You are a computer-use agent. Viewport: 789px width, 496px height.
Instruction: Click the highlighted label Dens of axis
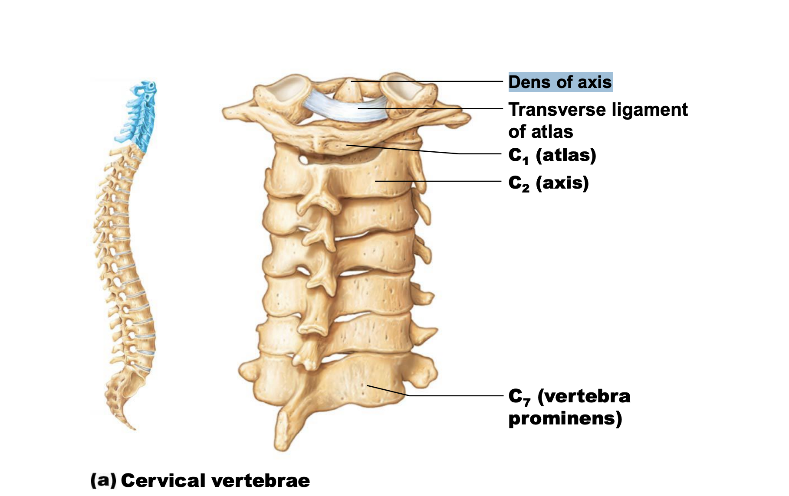click(x=560, y=82)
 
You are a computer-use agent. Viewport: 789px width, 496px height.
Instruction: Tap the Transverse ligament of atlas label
click(x=598, y=121)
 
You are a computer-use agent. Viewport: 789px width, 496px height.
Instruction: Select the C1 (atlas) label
click(x=552, y=156)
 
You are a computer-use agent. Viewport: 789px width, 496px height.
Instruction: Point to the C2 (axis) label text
click(x=549, y=183)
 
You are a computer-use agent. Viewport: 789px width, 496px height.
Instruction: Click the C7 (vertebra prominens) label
click(x=569, y=407)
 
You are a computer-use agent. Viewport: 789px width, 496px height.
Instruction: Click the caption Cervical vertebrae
click(x=215, y=480)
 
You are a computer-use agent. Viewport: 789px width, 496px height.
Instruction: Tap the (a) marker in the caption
click(x=103, y=480)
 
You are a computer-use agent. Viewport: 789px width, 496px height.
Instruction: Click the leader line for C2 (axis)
click(x=438, y=181)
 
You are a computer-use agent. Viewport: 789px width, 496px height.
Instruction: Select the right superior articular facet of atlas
click(x=404, y=87)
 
